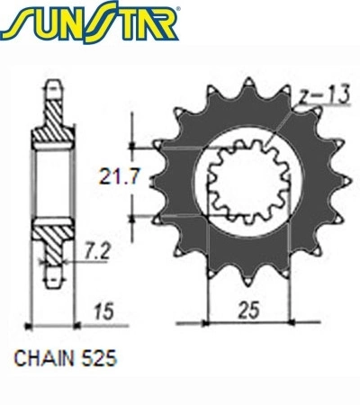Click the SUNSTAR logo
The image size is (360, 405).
tap(89, 22)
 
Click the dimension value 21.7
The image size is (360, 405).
tap(119, 177)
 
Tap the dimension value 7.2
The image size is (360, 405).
tap(96, 251)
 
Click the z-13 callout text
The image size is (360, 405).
tap(325, 94)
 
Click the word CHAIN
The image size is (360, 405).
tap(44, 358)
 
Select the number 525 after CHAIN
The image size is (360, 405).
tap(99, 358)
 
